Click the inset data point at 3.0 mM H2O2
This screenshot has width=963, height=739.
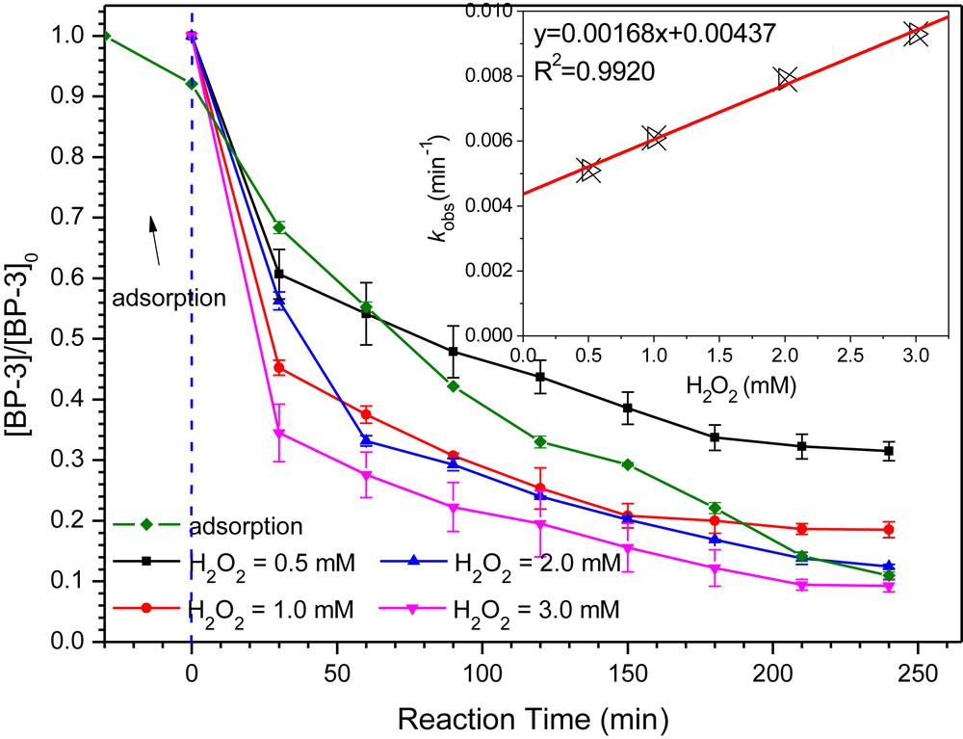click(x=918, y=35)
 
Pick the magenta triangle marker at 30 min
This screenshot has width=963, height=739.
click(x=279, y=435)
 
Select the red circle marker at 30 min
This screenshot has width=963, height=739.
click(x=279, y=367)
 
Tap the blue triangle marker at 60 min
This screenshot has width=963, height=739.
click(x=366, y=441)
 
